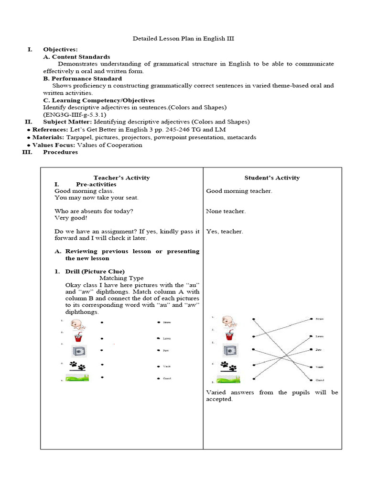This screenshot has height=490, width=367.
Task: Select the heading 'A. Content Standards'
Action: [76, 56]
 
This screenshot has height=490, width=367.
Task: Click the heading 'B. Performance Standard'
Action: [82, 78]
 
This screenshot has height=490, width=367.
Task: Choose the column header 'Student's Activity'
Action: [272, 178]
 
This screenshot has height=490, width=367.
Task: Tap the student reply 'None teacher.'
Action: [226, 211]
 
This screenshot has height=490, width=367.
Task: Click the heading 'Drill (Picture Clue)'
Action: [95, 271]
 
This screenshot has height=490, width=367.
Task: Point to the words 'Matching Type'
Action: [121, 278]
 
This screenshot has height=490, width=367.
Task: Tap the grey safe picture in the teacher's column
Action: [78, 352]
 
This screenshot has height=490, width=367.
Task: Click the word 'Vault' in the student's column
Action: [318, 367]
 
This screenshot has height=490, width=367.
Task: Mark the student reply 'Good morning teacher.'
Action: [239, 191]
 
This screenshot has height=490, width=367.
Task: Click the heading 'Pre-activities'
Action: [96, 184]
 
